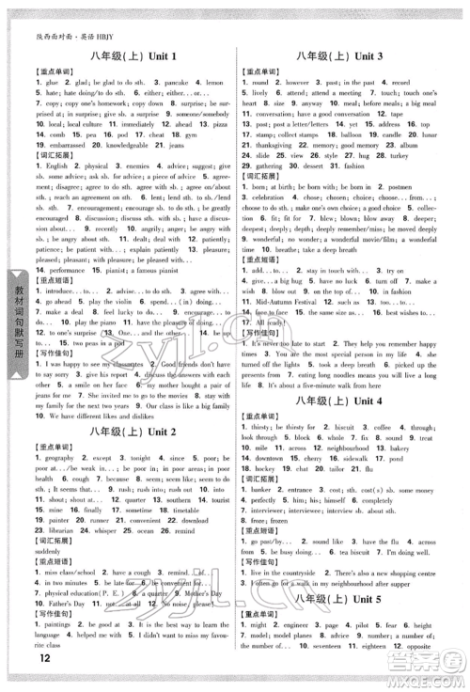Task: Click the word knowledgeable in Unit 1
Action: pos(111,147)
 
